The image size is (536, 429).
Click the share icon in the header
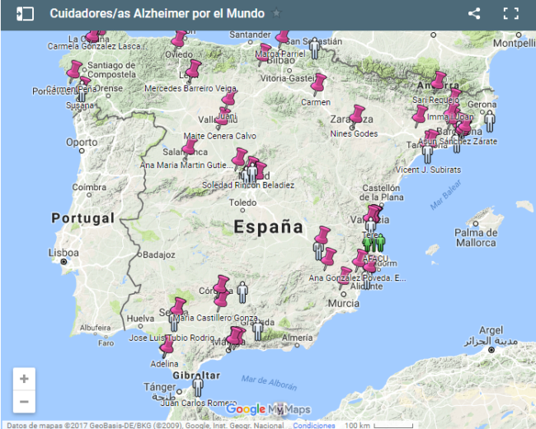(x=474, y=13)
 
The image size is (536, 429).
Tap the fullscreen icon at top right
(x=511, y=13)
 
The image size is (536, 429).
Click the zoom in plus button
(x=24, y=379)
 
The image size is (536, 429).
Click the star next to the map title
(x=276, y=13)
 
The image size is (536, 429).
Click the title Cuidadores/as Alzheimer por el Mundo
(x=157, y=13)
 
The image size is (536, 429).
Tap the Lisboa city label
(x=63, y=252)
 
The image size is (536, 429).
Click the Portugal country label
(x=82, y=218)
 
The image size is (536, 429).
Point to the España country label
(x=268, y=226)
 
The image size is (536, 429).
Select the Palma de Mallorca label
(x=476, y=238)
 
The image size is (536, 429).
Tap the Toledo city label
(x=242, y=202)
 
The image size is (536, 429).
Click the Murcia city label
(x=343, y=303)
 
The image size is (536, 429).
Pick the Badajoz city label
(x=158, y=255)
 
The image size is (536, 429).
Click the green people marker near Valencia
(x=374, y=243)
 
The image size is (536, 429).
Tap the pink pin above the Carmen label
(x=318, y=84)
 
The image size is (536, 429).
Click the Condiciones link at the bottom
(x=313, y=425)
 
